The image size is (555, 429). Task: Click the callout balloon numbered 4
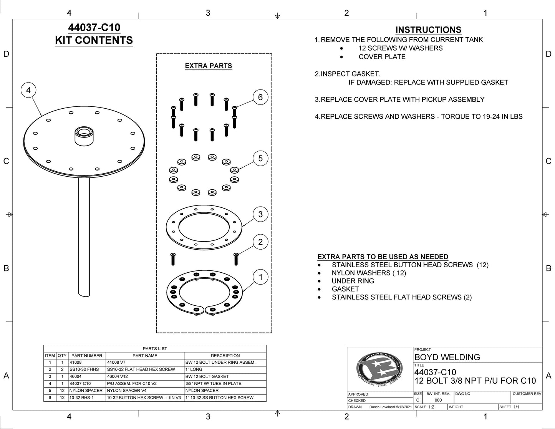pos(28,90)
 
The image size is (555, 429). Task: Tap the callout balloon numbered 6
pos(260,97)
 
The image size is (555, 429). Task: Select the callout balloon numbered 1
pos(260,277)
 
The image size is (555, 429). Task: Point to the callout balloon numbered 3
pos(260,214)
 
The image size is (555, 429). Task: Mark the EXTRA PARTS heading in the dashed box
pos(208,66)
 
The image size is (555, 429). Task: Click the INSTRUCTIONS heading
pos(428,30)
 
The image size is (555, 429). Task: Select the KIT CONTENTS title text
pos(94,40)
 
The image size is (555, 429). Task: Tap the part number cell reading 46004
pos(76,376)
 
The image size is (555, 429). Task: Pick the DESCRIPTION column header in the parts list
pos(225,356)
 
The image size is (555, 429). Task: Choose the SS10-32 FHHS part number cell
pos(84,369)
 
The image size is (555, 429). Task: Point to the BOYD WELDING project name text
pos(447,357)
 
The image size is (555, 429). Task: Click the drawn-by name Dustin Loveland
pos(382,407)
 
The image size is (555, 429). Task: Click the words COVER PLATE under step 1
pos(382,57)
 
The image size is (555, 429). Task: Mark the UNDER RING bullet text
pos(353,281)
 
